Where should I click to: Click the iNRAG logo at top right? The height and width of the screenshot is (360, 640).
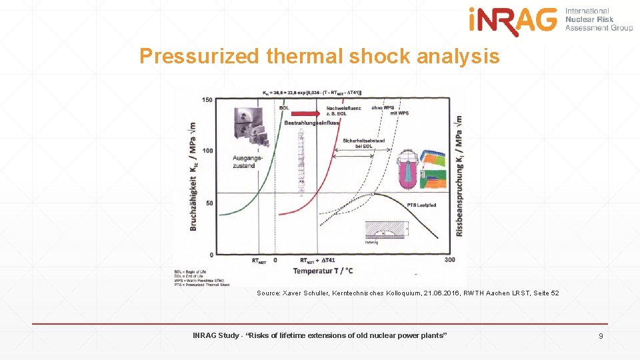coord(513,21)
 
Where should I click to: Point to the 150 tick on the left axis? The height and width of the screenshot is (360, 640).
coord(207,100)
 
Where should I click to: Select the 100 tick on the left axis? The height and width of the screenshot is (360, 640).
coord(207,151)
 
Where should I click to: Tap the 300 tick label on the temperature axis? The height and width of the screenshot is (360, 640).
coord(449,259)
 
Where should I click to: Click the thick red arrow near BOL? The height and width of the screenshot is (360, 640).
coord(307,113)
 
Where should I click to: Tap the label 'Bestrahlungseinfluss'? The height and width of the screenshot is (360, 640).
coord(311,123)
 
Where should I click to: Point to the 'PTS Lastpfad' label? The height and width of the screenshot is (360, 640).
coord(421,205)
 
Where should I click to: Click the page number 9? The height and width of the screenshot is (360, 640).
coord(601,335)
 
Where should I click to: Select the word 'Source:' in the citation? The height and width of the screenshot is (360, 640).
coord(268,293)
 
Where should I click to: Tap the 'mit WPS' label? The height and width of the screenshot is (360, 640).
coord(399,113)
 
